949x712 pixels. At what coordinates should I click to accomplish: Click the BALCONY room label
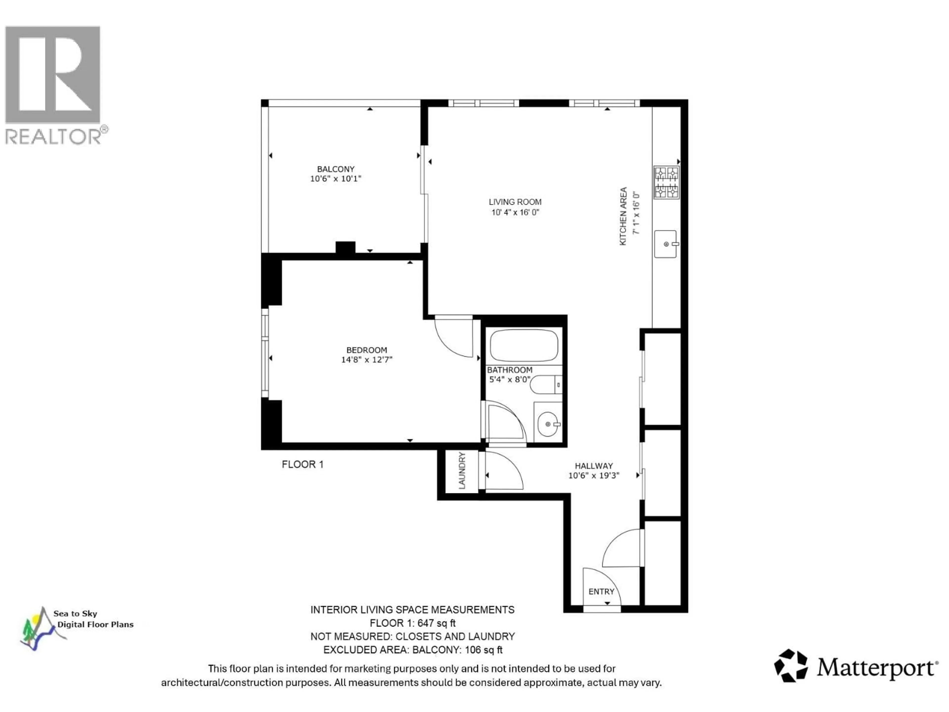[336, 169]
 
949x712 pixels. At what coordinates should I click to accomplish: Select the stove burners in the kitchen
[666, 182]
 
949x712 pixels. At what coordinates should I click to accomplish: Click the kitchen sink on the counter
[665, 244]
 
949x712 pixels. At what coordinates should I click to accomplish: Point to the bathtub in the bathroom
[524, 345]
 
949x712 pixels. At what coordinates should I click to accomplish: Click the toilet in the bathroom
[545, 384]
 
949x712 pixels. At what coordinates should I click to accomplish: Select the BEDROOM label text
[367, 350]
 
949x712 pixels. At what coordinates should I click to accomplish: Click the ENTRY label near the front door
[601, 591]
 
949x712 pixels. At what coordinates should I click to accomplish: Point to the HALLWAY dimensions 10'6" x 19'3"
[594, 475]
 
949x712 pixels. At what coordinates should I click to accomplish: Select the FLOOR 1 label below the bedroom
[302, 464]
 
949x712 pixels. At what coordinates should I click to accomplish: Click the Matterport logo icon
[791, 666]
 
